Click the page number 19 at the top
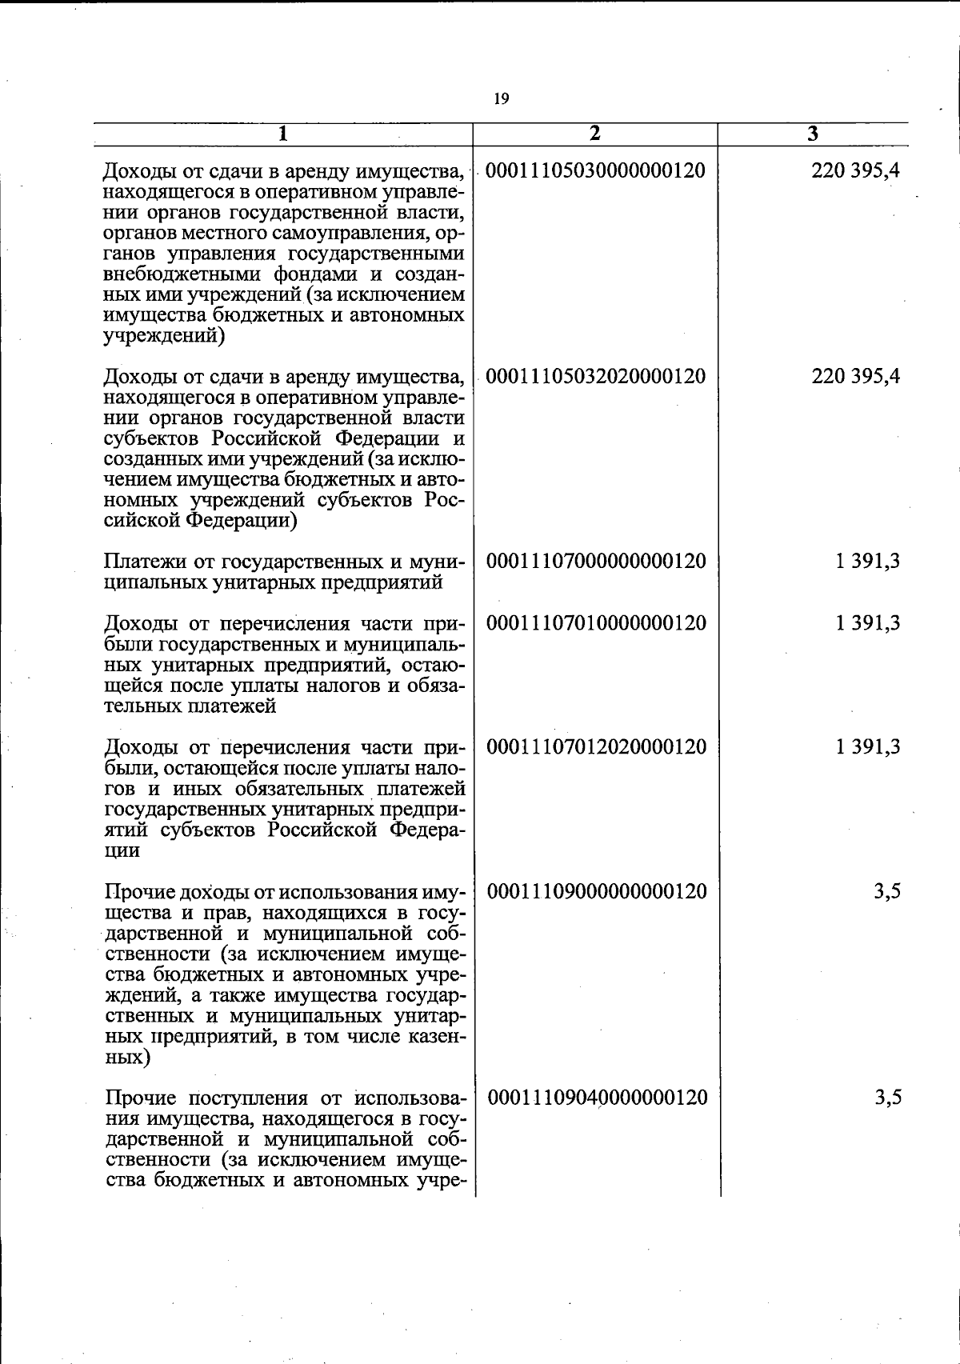(x=501, y=99)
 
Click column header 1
(x=282, y=134)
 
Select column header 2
(x=594, y=134)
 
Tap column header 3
(x=813, y=134)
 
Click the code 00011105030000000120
(x=596, y=170)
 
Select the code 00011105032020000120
(x=596, y=376)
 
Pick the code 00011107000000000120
(x=596, y=561)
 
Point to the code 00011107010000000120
(x=596, y=623)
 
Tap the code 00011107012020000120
(x=596, y=747)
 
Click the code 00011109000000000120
(x=597, y=891)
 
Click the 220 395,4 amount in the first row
(x=855, y=170)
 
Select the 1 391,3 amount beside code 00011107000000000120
(x=868, y=561)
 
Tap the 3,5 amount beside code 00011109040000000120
(x=888, y=1097)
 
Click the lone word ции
(x=122, y=851)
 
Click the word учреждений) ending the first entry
(x=164, y=336)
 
